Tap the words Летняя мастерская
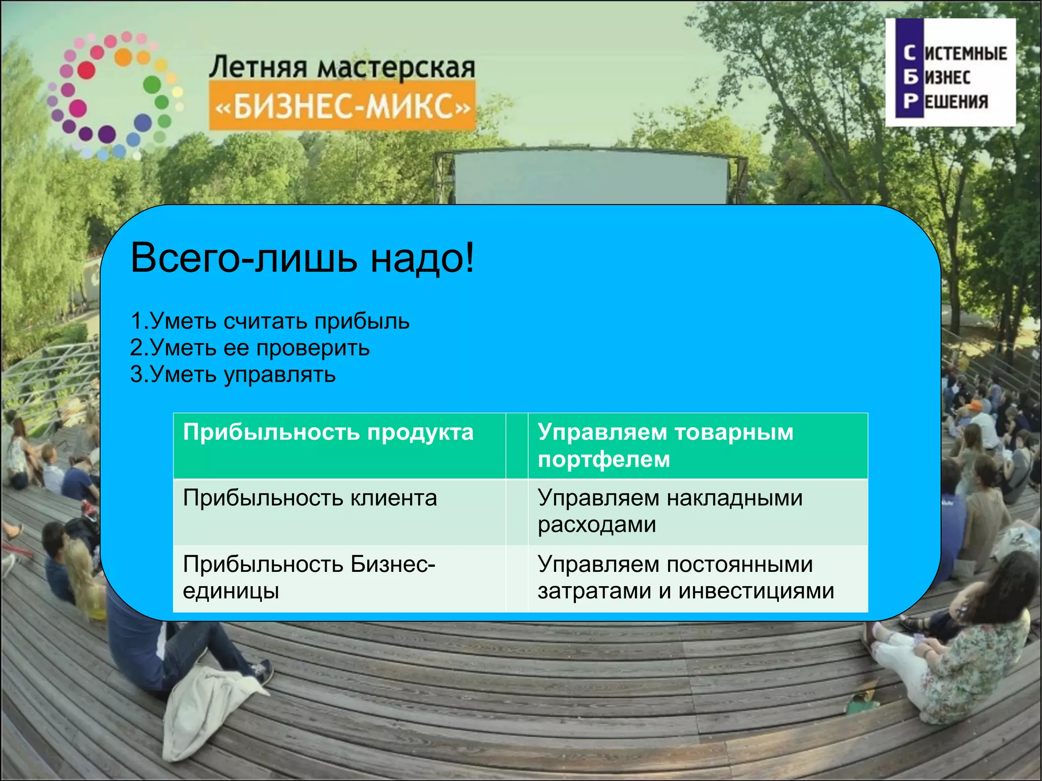[342, 68]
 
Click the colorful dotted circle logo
[114, 94]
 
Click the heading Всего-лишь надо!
[302, 258]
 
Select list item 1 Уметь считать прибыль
[270, 322]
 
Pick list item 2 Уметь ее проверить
[249, 348]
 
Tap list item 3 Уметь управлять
[233, 375]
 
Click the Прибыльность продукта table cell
[328, 433]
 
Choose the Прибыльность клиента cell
[310, 498]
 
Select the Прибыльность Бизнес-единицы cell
[309, 577]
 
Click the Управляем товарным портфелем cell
[665, 445]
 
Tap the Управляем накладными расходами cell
[670, 511]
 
